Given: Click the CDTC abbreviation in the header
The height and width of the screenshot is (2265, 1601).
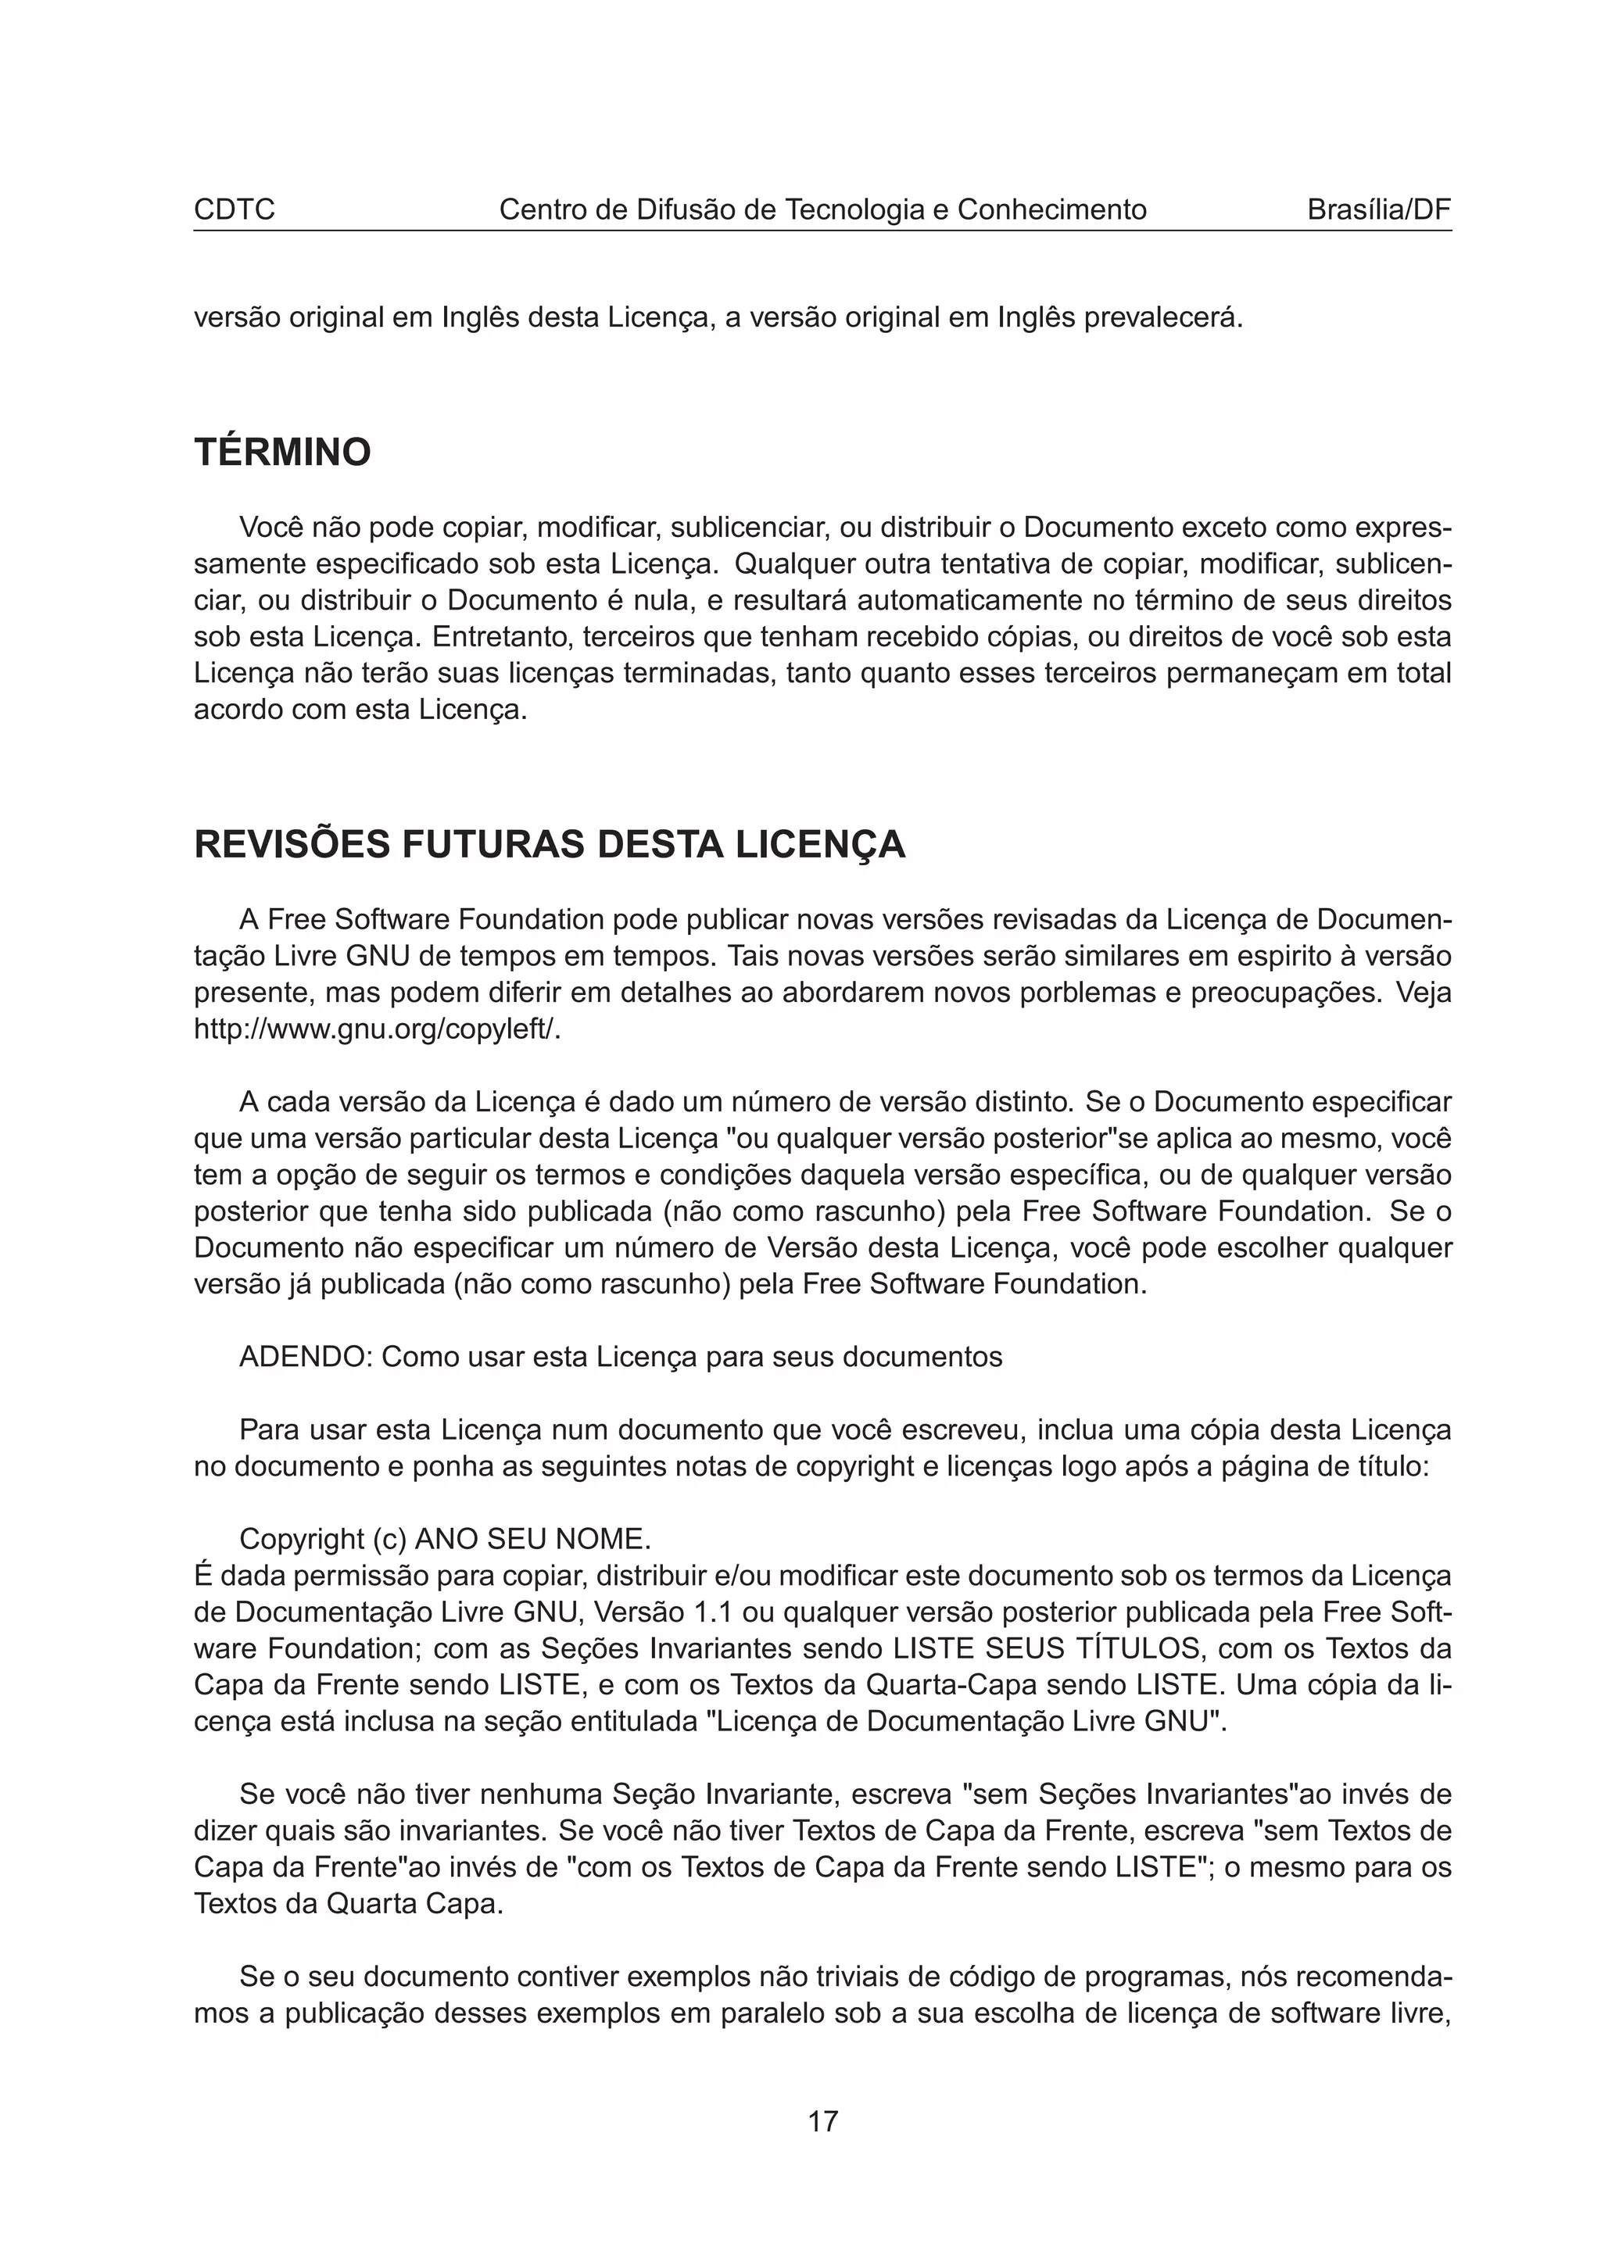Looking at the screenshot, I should [234, 210].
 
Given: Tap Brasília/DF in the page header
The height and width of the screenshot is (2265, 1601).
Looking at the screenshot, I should [1378, 210].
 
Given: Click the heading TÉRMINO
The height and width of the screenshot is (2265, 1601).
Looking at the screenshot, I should [282, 453].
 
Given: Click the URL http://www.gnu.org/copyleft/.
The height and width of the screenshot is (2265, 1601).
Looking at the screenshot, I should [377, 1029].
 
